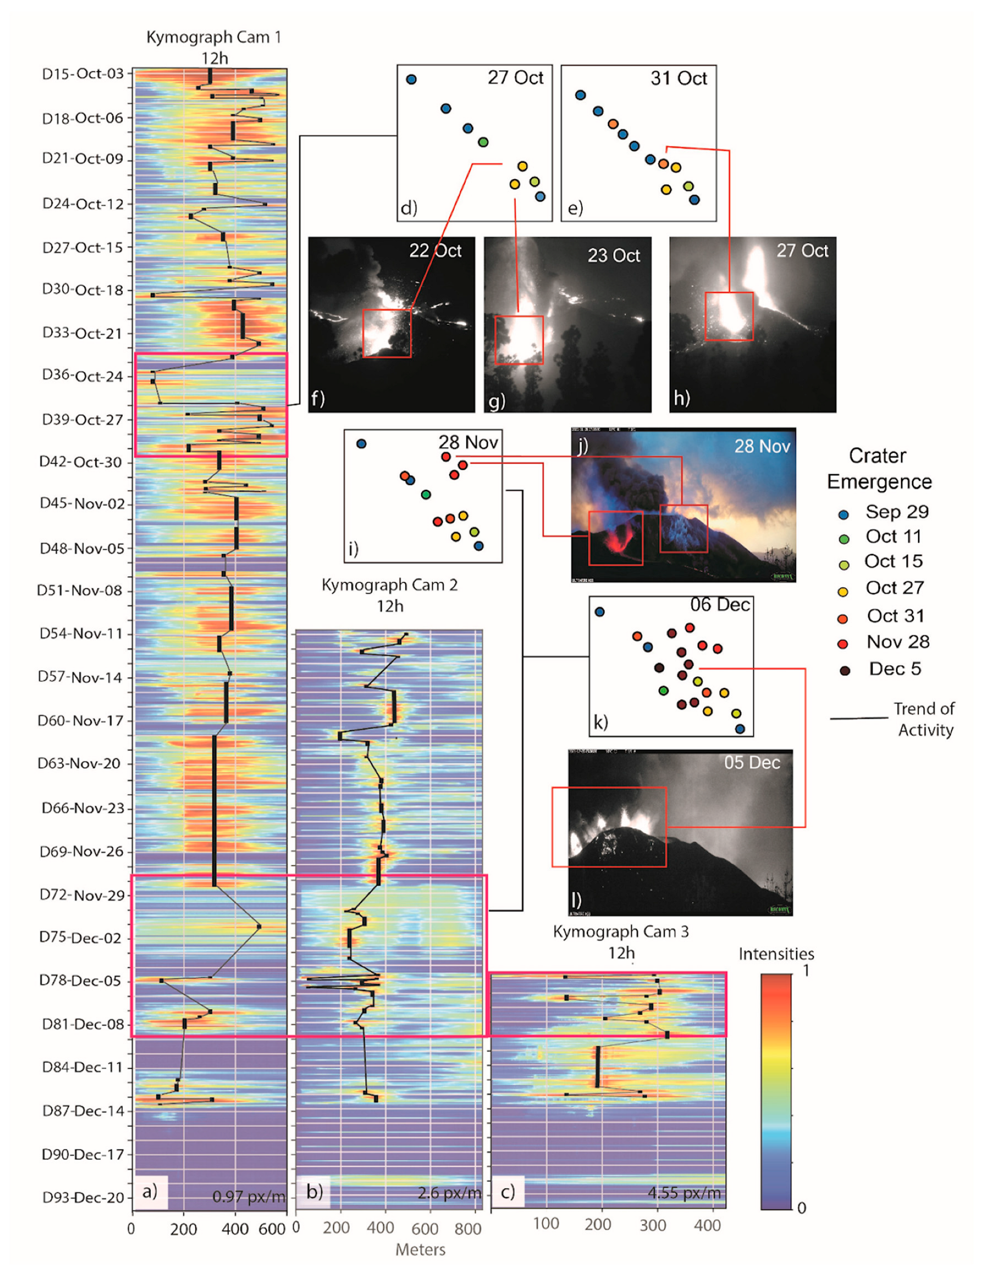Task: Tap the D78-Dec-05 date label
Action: coord(80,981)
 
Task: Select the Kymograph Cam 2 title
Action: coord(390,585)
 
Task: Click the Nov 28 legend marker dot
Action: coord(842,644)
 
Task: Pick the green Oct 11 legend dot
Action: coord(844,539)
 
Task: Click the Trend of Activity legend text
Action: coord(925,719)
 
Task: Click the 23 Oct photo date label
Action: coord(614,255)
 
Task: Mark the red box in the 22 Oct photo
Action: coord(387,333)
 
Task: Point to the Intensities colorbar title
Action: coord(776,953)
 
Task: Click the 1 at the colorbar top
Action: coord(805,970)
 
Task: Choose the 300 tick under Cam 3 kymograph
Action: coord(652,1225)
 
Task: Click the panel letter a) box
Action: coord(150,1192)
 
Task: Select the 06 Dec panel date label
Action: coord(720,605)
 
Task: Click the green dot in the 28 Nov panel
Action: coord(426,494)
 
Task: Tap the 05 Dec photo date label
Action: coord(752,762)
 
